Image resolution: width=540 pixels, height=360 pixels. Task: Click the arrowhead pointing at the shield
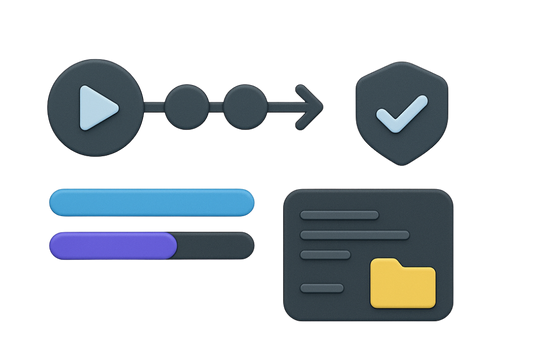point(314,104)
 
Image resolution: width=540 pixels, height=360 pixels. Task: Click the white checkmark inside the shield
point(398,116)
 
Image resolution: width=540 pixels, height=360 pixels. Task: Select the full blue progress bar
point(150,203)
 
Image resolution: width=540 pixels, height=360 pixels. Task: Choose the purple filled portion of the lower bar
point(112,246)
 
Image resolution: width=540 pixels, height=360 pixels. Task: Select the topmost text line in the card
point(340,214)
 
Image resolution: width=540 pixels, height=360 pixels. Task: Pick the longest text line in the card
point(355,235)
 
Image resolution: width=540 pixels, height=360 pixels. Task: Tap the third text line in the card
point(326,255)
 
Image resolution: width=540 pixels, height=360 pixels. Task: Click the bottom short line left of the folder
point(322,288)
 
